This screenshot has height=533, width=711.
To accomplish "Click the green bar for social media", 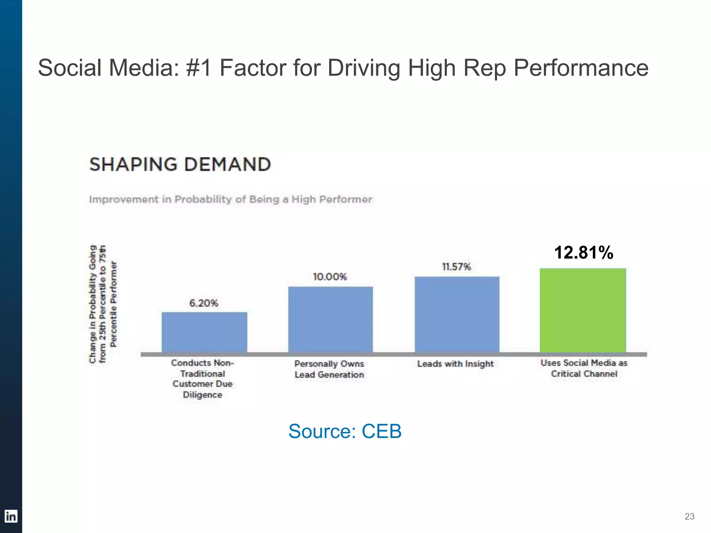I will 583,310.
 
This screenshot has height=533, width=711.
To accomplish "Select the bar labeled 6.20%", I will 204,332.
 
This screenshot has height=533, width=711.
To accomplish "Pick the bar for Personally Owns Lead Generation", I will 331,319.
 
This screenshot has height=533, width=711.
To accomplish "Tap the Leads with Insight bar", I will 457,314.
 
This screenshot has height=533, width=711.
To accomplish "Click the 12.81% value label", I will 584,253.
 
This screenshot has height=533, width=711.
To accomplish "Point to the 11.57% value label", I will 456,267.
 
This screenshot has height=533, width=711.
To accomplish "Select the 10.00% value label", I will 330,277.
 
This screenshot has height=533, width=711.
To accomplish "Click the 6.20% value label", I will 204,303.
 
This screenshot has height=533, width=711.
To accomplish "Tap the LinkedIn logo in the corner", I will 11,516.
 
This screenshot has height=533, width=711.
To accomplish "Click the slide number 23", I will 689,516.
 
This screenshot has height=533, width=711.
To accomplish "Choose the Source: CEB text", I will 345,431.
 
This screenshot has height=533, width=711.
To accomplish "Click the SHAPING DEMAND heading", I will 180,164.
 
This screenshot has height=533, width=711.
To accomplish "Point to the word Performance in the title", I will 581,68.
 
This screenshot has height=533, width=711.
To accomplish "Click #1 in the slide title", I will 199,68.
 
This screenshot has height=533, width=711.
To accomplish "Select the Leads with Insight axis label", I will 455,364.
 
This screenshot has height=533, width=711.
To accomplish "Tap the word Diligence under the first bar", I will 202,395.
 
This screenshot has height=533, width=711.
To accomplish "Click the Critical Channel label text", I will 584,374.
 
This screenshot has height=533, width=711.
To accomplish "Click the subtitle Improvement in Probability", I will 231,200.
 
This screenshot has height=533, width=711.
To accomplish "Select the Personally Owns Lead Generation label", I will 329,369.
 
